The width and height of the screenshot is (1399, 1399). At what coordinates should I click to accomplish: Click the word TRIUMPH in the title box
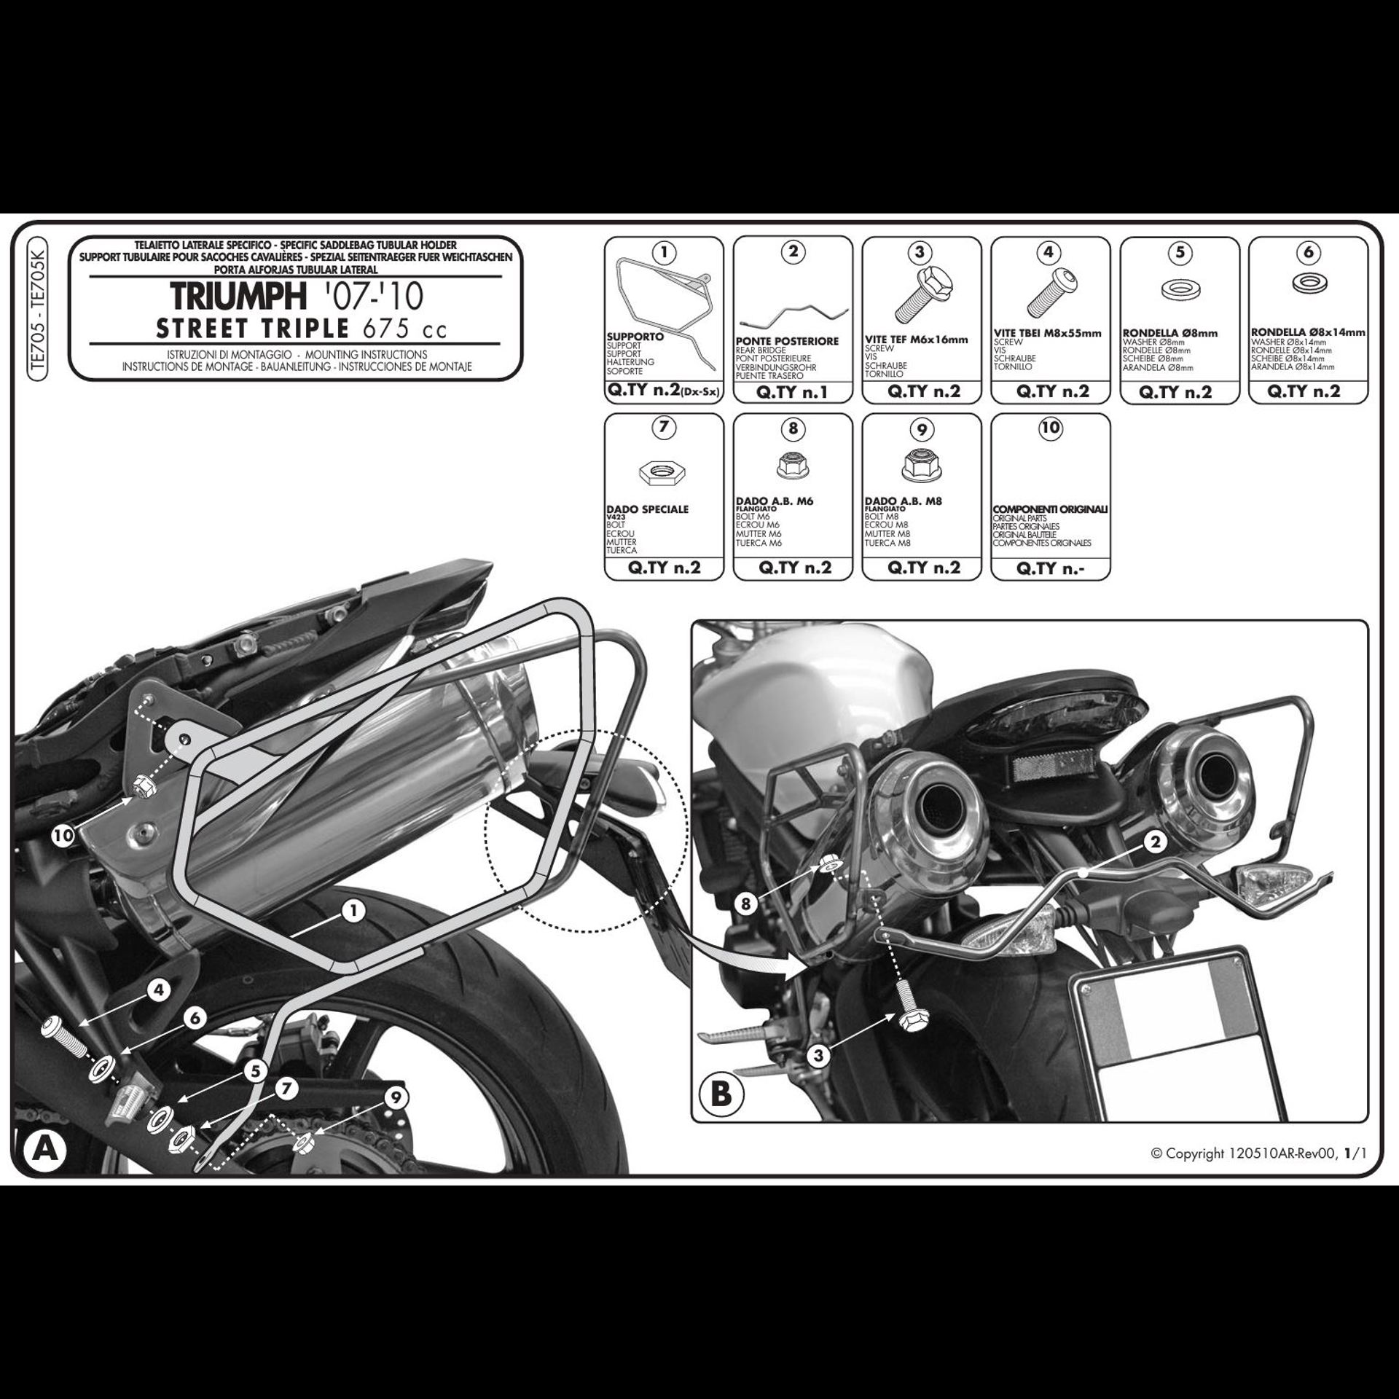238,296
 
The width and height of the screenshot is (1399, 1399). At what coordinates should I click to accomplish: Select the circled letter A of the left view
44,1151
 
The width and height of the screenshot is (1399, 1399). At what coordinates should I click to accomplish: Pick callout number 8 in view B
745,904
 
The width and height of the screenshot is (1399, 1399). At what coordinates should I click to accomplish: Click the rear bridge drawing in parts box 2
793,317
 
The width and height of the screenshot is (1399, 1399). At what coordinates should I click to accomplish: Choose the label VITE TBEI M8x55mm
1047,334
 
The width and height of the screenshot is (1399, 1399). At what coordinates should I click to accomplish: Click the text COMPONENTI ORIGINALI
1050,509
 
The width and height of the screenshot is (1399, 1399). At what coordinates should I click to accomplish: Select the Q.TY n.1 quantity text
793,392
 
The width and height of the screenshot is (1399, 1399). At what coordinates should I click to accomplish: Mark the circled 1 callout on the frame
353,911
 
